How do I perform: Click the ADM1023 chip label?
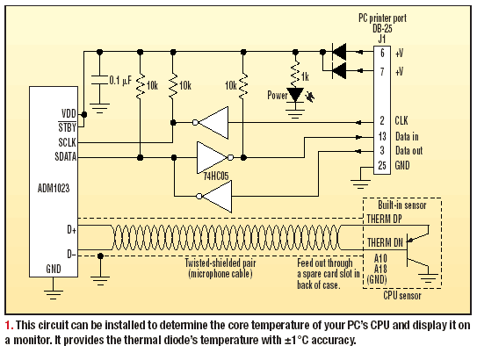click(x=54, y=189)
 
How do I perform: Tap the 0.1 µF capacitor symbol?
click(x=99, y=80)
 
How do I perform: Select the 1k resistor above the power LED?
click(x=295, y=74)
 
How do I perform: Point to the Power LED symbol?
click(x=295, y=95)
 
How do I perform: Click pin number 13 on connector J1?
click(x=382, y=136)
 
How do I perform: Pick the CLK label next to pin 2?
click(x=401, y=120)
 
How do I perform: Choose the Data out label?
click(x=408, y=150)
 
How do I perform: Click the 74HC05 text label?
click(x=216, y=176)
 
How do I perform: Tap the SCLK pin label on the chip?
click(x=67, y=142)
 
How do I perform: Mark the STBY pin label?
click(x=67, y=127)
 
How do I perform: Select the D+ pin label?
click(x=71, y=229)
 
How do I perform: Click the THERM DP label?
click(x=384, y=219)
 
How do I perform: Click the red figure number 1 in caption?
click(x=8, y=326)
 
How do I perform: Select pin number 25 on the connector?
click(x=382, y=166)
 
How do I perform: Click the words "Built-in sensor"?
click(x=401, y=205)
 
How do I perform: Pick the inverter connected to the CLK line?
click(x=211, y=123)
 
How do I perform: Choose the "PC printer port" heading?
click(x=382, y=18)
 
